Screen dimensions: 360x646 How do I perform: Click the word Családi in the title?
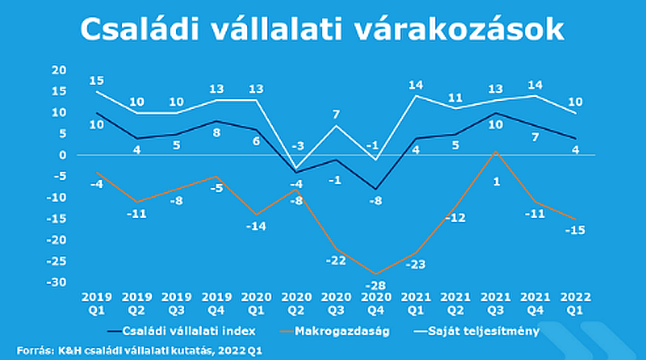pyautogui.click(x=149, y=30)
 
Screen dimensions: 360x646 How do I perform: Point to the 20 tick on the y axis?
pyautogui.click(x=57, y=70)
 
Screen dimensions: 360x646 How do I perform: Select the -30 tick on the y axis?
pyautogui.click(x=55, y=283)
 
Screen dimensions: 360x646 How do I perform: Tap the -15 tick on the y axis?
pyautogui.click(x=55, y=219)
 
